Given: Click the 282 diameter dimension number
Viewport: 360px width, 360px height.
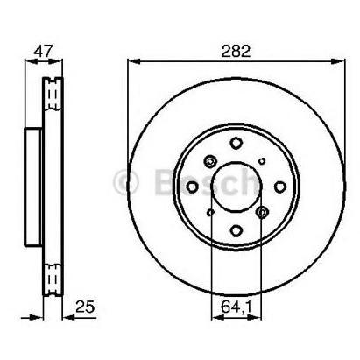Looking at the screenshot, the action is [x=236, y=52].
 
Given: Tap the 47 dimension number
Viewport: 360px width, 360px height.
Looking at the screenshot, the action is [x=43, y=52].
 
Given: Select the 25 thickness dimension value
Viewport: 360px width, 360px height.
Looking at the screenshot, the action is [x=85, y=307].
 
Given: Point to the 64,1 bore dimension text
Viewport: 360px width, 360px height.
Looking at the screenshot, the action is [x=236, y=307].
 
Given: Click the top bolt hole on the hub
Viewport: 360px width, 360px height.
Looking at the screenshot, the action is [x=236, y=143].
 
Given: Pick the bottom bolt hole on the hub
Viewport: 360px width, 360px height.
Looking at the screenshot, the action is [x=236, y=230].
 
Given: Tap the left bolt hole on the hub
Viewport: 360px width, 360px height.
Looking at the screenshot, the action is [x=193, y=187].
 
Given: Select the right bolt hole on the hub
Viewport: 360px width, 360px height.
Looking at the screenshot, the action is [x=280, y=187].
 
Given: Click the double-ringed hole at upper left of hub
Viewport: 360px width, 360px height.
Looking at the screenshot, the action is [x=210, y=161].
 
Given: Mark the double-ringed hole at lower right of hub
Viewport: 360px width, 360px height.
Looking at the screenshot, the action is [x=262, y=212].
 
